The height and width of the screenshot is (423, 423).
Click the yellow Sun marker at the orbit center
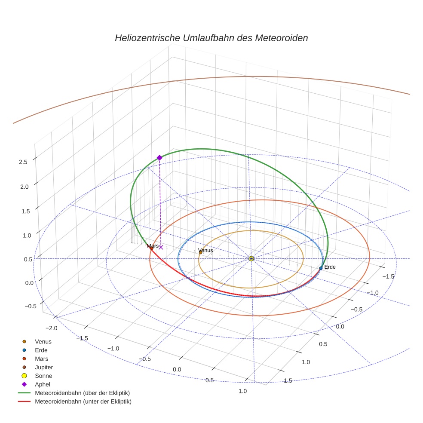click(x=251, y=258)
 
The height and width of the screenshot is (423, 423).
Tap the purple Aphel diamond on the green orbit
click(x=159, y=158)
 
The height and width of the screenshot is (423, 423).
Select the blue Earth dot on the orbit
click(x=321, y=268)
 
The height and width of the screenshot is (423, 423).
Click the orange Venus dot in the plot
click(x=200, y=252)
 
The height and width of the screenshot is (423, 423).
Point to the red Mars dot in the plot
click(x=151, y=248)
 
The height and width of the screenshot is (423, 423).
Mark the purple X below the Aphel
click(x=161, y=247)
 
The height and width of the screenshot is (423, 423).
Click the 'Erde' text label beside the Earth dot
click(x=330, y=267)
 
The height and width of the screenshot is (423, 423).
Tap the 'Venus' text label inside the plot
click(x=205, y=250)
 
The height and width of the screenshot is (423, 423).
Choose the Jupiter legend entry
click(x=44, y=367)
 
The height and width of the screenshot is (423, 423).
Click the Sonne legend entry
click(x=43, y=376)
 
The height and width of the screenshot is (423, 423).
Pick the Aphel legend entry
click(x=43, y=384)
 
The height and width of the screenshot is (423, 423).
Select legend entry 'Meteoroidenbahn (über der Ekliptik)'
click(x=82, y=393)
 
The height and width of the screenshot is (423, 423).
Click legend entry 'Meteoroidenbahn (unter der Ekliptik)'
click(x=83, y=402)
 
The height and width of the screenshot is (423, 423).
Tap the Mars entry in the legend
click(x=42, y=359)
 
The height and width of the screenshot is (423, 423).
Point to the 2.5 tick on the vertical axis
click(x=23, y=162)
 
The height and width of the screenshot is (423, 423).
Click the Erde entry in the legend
click(x=42, y=350)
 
